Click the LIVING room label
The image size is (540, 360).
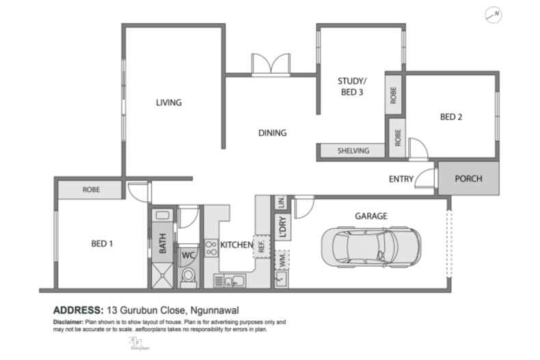click(168, 103)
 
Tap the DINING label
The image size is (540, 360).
click(272, 133)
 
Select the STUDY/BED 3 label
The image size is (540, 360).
click(351, 87)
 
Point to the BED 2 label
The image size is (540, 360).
click(451, 117)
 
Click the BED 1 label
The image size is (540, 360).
click(102, 243)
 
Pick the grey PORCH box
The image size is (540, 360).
click(468, 179)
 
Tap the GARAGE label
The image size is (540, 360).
click(371, 216)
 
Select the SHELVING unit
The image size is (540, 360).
click(353, 151)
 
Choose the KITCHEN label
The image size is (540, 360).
click(237, 244)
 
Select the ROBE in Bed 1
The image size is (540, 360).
click(92, 189)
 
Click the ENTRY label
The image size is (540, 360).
click(401, 179)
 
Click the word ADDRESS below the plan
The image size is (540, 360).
click(77, 309)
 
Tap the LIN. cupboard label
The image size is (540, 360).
click(281, 202)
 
